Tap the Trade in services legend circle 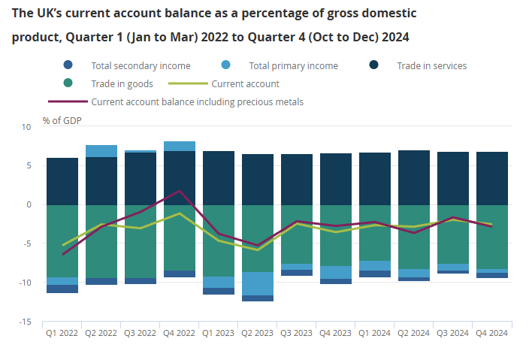(x=374, y=65)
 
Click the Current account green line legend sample (x=189, y=83)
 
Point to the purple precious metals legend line (x=67, y=101)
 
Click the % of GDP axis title (x=62, y=120)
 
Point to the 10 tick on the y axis (x=27, y=127)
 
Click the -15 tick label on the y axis (x=26, y=322)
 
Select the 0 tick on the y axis (x=29, y=205)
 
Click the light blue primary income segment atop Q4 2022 (x=179, y=146)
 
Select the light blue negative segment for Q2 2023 (x=257, y=283)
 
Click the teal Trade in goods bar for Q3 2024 (x=452, y=234)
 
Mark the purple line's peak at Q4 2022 (x=179, y=191)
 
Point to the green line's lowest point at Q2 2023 (x=257, y=250)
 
